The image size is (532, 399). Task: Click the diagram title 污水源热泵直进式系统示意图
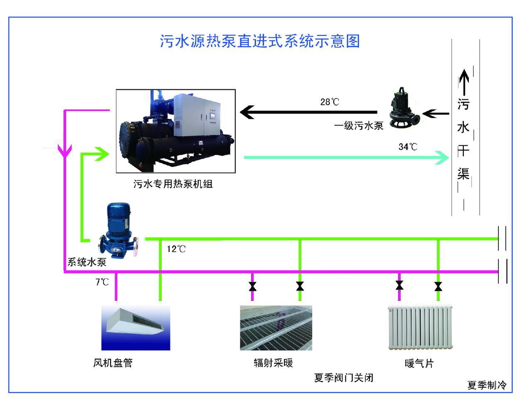(x=260, y=41)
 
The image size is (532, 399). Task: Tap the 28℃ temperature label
(x=330, y=102)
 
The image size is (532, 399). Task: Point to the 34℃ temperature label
(x=408, y=147)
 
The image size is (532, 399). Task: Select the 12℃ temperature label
(x=176, y=249)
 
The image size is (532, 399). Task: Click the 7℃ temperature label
(x=102, y=282)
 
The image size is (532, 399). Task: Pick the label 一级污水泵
(x=359, y=126)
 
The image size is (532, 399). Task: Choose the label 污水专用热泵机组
(x=173, y=184)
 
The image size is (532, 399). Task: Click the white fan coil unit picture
(x=136, y=327)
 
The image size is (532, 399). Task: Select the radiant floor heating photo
(x=276, y=328)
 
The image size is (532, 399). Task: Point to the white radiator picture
(x=420, y=327)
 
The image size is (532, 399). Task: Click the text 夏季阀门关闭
(x=344, y=378)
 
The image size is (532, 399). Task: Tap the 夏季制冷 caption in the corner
(x=487, y=385)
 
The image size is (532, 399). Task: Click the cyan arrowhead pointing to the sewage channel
(x=442, y=158)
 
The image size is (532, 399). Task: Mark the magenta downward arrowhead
(x=65, y=151)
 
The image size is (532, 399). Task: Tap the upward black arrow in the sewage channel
(x=464, y=81)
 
